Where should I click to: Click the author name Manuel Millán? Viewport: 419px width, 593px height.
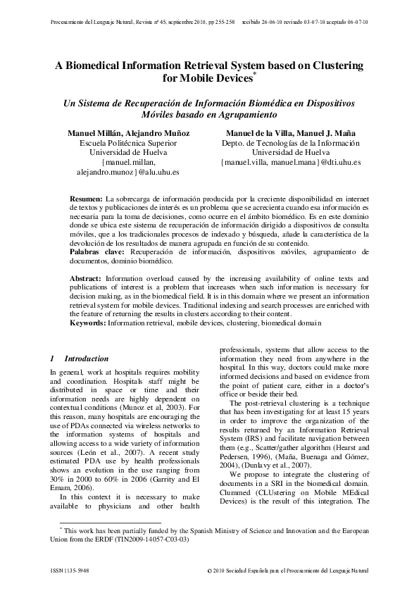95,132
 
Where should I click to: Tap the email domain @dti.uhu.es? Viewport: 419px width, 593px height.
339,161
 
